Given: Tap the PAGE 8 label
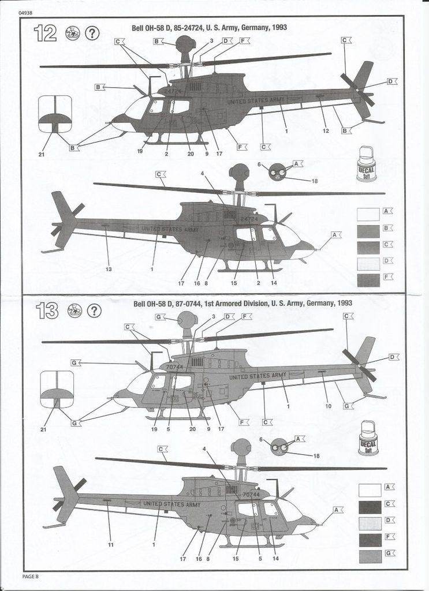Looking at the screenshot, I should click(x=30, y=575).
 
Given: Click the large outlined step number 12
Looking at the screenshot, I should click(x=45, y=33).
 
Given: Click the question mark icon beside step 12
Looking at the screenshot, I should click(x=92, y=33).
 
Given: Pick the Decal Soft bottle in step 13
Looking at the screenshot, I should click(x=368, y=439).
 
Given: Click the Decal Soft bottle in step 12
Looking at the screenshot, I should click(x=366, y=164).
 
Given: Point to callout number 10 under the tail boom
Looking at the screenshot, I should click(x=328, y=406).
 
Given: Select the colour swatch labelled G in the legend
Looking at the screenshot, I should click(x=370, y=556).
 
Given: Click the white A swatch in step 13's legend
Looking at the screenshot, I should click(x=370, y=490).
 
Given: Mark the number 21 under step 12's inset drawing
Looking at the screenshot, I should click(x=41, y=154).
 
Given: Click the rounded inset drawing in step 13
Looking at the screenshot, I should click(x=57, y=390).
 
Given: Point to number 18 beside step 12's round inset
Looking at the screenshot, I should click(x=314, y=181).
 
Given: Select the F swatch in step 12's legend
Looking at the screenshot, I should click(x=368, y=280).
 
